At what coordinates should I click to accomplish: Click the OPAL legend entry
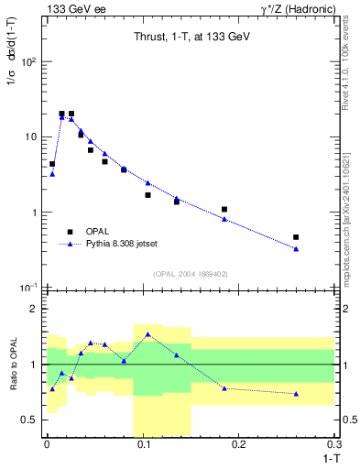click(x=95, y=232)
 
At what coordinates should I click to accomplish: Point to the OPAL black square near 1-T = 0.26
click(x=296, y=237)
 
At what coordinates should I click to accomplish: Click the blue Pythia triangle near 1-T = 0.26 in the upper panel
click(x=296, y=249)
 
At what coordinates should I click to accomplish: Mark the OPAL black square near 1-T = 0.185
click(x=224, y=210)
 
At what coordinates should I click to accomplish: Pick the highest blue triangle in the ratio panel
click(x=147, y=334)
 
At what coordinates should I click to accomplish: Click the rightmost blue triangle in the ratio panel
click(x=296, y=394)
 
